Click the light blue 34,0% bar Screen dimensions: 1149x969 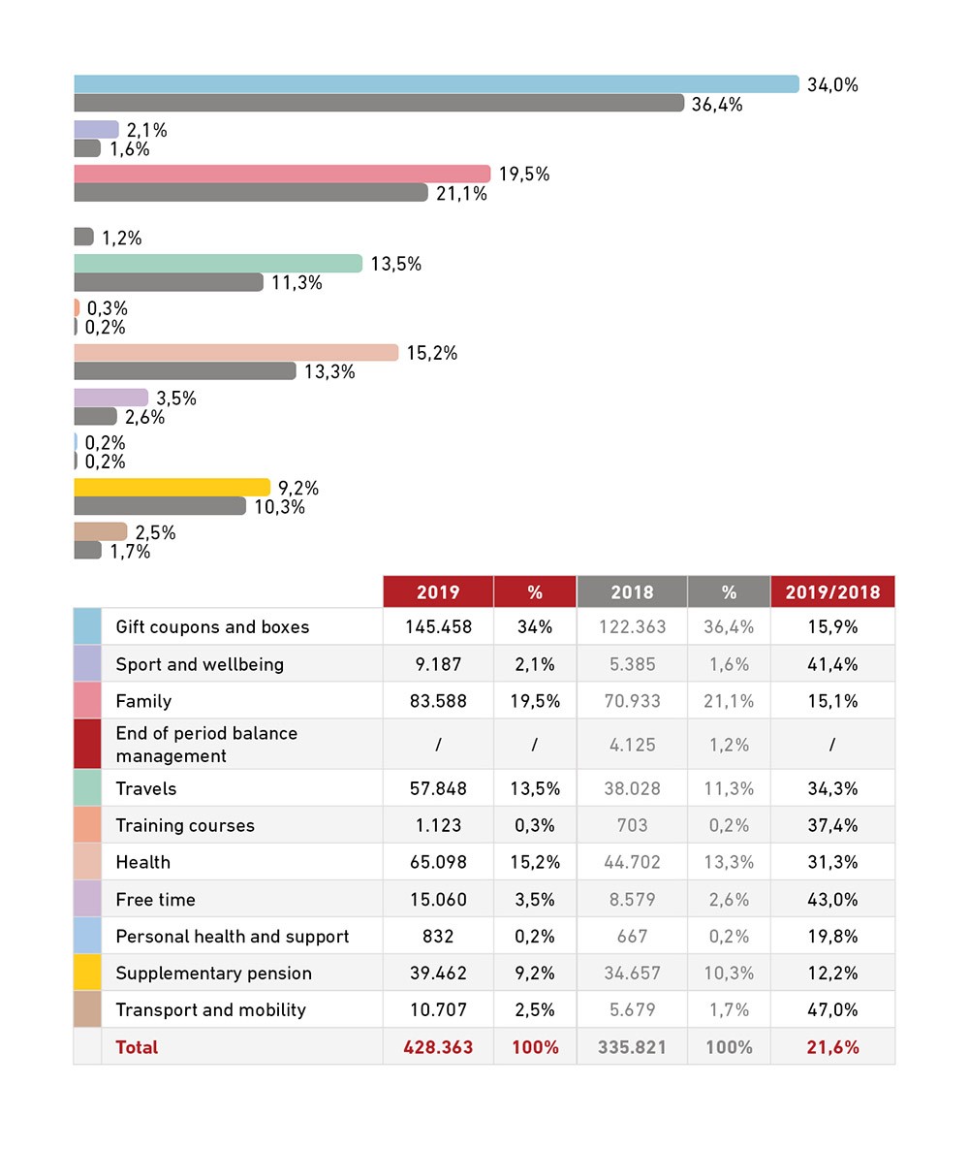point(436,84)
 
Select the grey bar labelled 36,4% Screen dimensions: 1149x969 point(379,103)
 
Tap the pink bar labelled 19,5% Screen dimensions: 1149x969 point(282,174)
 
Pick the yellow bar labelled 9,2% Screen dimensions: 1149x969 point(172,487)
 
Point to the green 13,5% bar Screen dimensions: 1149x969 point(218,264)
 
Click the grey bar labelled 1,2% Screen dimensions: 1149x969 point(83,237)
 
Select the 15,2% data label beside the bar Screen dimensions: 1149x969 point(431,353)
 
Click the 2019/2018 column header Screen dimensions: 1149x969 point(831,591)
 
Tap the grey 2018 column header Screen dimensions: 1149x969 point(632,591)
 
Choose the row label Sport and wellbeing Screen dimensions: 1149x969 point(200,664)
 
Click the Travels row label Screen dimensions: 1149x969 point(146,788)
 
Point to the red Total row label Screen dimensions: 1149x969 point(137,1047)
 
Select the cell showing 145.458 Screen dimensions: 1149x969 point(438,626)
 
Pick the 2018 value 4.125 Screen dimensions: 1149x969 point(632,745)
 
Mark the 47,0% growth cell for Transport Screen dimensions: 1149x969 point(831,1009)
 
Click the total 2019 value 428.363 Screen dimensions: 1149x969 point(438,1047)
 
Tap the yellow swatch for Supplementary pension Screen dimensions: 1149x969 point(87,973)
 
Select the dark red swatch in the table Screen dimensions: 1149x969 point(87,744)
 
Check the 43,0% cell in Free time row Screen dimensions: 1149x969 point(831,899)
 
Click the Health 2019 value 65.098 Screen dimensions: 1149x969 point(438,862)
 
